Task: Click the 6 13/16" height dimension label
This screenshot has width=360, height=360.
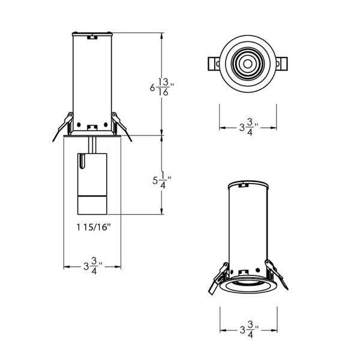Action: point(161,87)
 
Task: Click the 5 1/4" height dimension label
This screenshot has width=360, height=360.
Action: point(161,180)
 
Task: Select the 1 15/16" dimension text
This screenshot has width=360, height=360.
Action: point(94,227)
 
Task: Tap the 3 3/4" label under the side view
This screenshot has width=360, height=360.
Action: point(92,266)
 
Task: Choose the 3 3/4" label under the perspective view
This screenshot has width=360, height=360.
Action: point(249,329)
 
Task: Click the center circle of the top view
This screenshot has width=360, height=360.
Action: point(247,64)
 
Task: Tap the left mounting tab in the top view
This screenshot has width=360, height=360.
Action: point(214,64)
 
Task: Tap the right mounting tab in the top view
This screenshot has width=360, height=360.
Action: point(281,64)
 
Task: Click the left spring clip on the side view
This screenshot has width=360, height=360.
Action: point(64,126)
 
